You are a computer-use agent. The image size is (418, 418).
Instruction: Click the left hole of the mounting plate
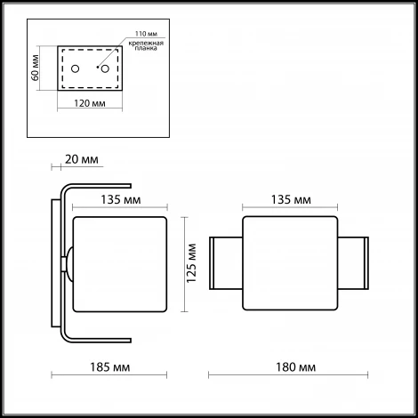76,69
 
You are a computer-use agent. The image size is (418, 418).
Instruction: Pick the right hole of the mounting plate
105,69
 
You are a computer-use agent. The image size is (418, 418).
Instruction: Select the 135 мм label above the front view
290,199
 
